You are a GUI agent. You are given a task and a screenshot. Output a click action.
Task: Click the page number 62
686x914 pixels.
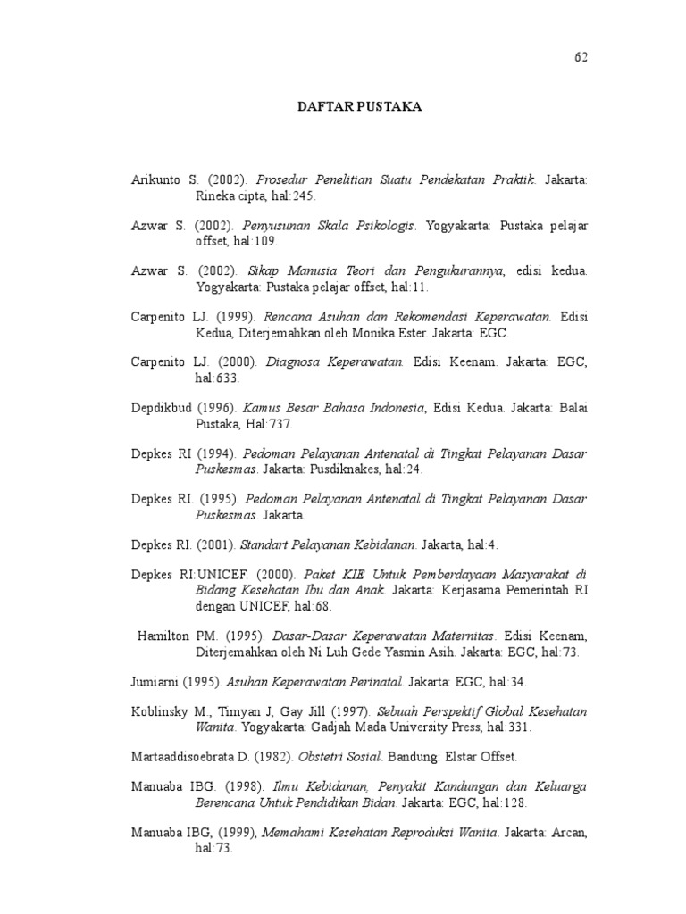pyautogui.click(x=581, y=57)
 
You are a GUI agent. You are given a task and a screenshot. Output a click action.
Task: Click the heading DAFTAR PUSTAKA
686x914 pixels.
pyautogui.click(x=359, y=107)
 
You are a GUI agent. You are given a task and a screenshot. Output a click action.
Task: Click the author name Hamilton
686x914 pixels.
pyautogui.click(x=165, y=636)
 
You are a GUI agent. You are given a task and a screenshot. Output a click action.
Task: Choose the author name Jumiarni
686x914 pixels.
pyautogui.click(x=155, y=682)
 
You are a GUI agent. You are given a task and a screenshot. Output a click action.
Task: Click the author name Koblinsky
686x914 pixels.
pyautogui.click(x=160, y=711)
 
